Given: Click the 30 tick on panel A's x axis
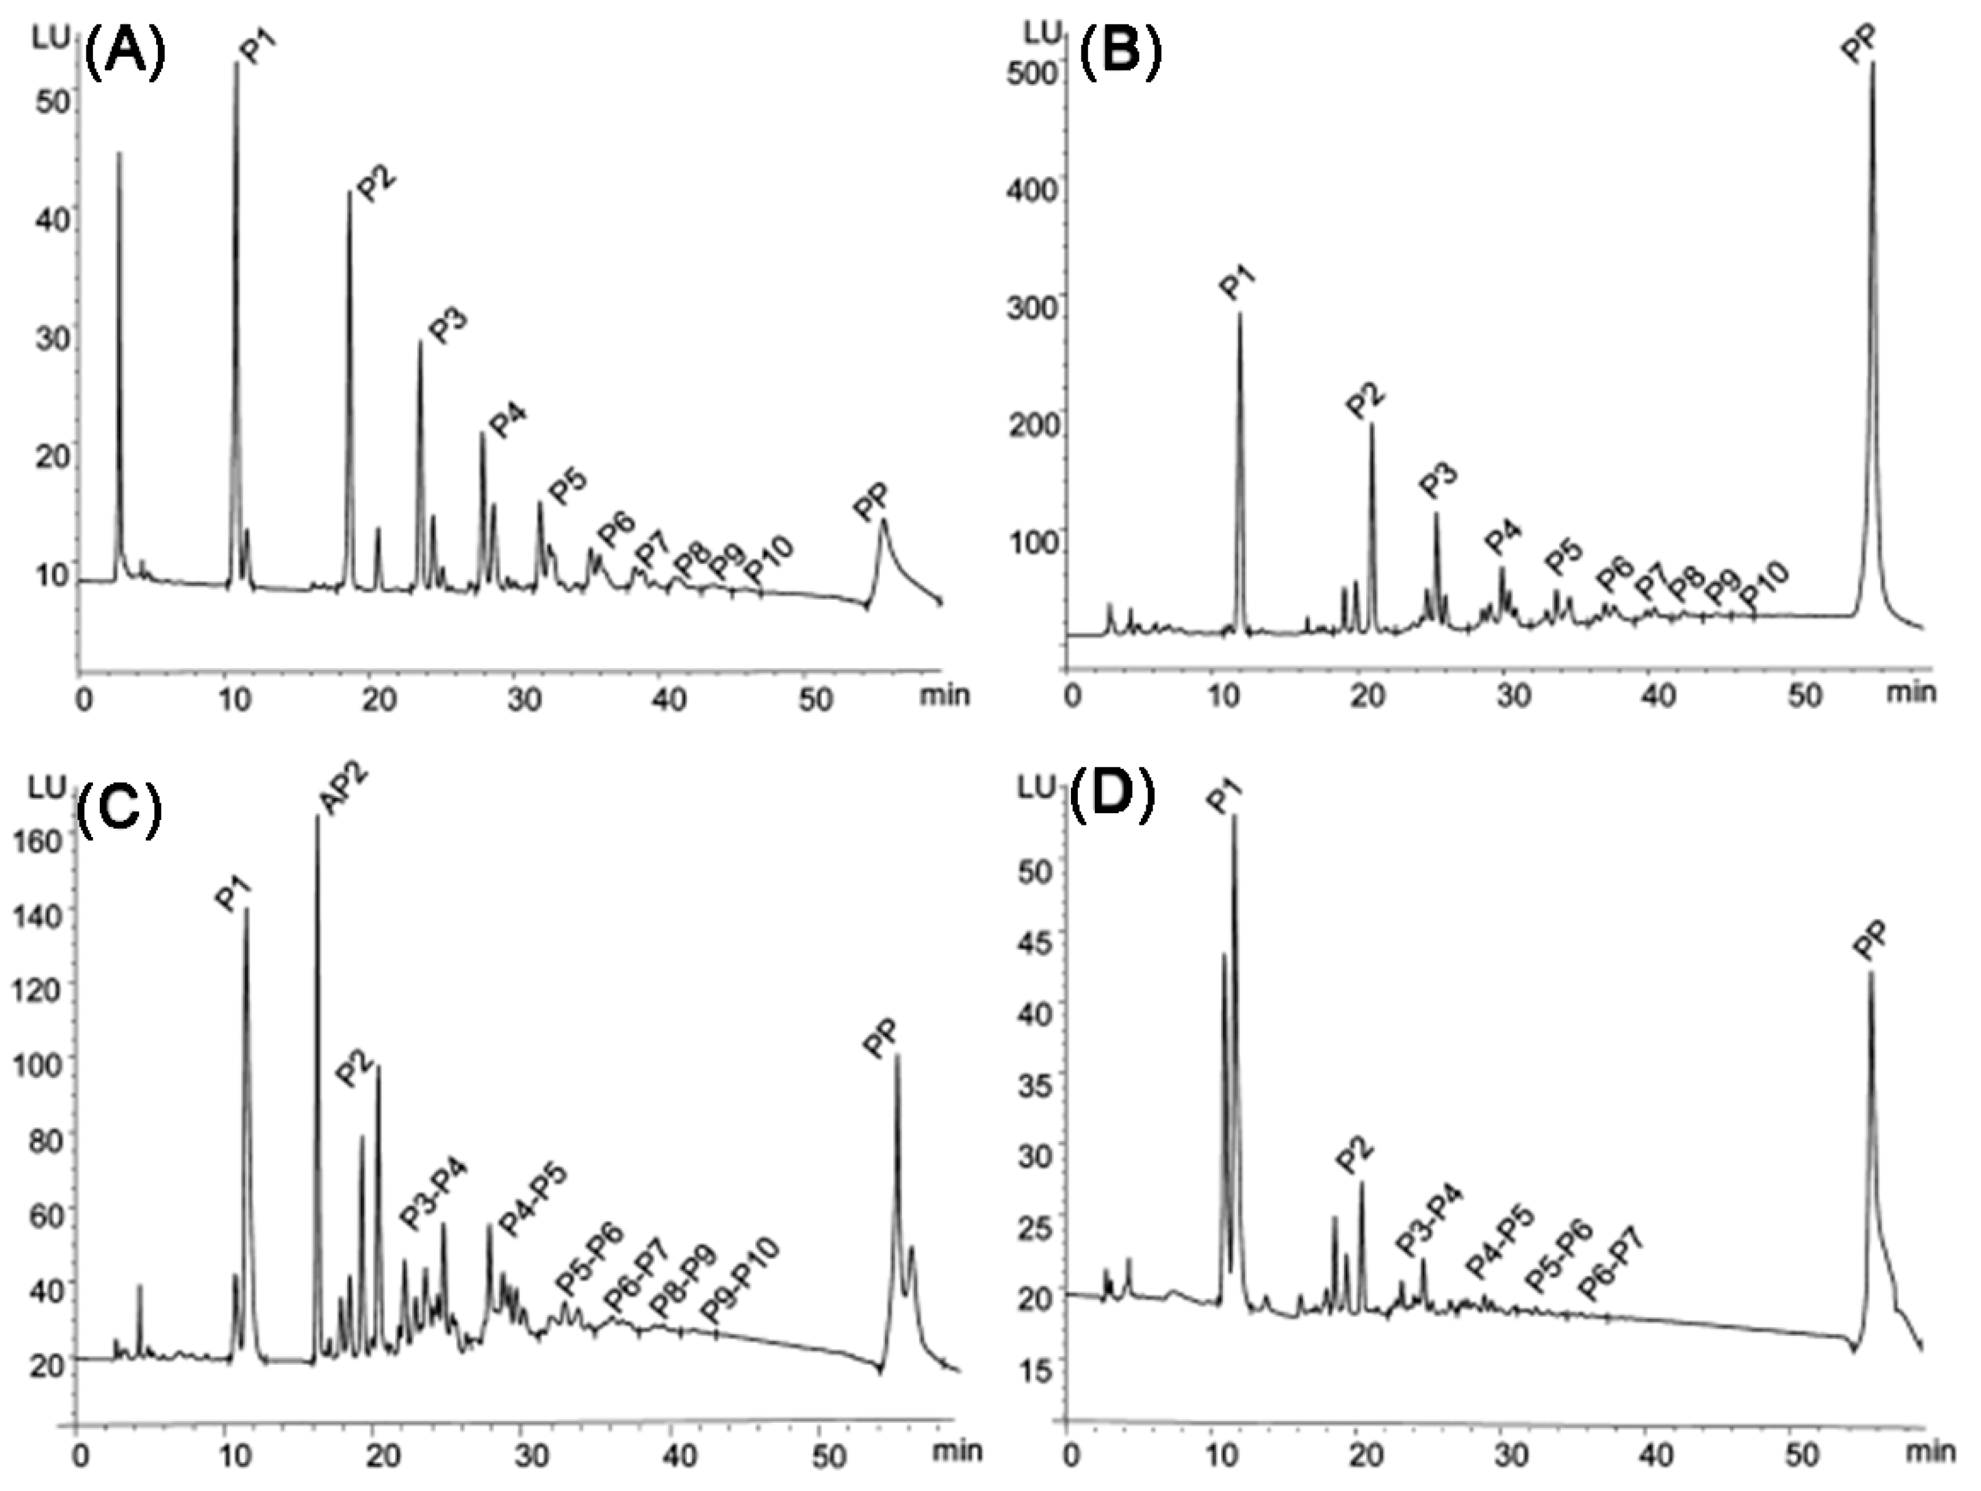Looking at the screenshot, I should pyautogui.click(x=522, y=698).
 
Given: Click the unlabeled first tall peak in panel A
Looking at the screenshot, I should pyautogui.click(x=119, y=154).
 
